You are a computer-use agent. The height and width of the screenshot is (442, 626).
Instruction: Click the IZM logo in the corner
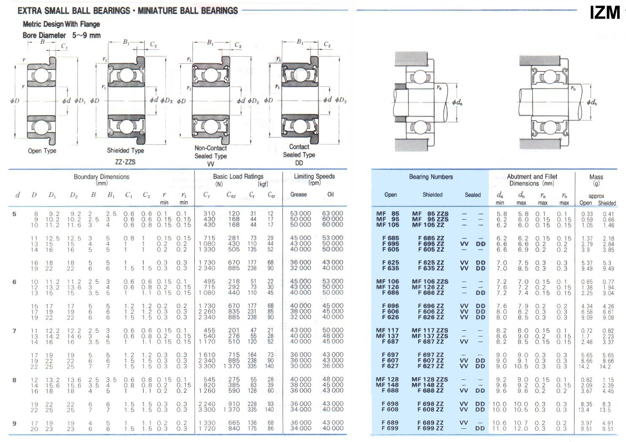(x=605, y=13)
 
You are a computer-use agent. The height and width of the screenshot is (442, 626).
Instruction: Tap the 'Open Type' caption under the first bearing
(x=42, y=151)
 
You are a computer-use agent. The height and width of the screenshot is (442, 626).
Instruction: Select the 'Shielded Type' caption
(x=125, y=150)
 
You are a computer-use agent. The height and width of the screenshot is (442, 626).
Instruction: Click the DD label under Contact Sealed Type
(x=299, y=163)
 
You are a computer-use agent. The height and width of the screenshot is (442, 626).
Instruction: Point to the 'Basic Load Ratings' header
(x=238, y=176)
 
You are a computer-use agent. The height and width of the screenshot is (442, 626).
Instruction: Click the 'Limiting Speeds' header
(x=314, y=176)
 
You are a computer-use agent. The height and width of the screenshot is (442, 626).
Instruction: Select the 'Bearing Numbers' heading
(x=431, y=177)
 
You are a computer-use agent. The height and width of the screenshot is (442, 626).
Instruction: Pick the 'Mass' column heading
(x=596, y=177)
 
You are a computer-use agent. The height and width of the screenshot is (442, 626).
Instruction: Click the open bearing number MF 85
(x=388, y=214)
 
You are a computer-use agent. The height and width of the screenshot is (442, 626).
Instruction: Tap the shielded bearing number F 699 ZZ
(x=430, y=428)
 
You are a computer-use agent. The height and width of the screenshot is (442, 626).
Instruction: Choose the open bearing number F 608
(x=390, y=409)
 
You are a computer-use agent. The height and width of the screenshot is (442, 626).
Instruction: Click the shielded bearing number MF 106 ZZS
(x=430, y=281)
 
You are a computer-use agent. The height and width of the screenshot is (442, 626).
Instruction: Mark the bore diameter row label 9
(x=14, y=423)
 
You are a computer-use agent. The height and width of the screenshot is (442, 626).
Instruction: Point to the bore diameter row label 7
(x=14, y=331)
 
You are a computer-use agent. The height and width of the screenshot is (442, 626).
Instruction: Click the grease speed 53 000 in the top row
(x=300, y=213)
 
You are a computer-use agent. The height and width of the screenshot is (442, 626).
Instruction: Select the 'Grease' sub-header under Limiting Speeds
(x=299, y=194)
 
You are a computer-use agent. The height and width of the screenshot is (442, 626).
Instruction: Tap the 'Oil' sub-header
(x=331, y=194)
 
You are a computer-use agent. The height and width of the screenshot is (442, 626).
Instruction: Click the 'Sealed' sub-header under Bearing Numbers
(x=473, y=195)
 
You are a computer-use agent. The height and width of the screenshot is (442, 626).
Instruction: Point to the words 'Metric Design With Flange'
(x=61, y=25)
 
